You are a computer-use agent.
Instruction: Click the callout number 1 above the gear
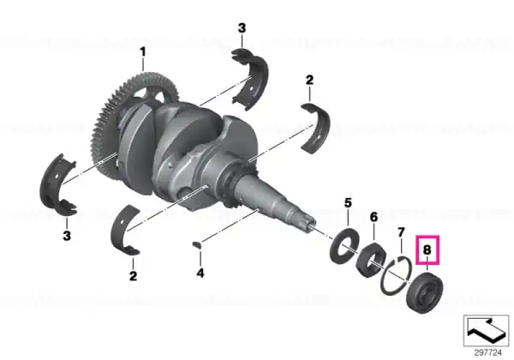coord(142,52)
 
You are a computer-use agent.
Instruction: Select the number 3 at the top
coord(242,28)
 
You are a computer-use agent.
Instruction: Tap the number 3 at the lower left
coord(67,236)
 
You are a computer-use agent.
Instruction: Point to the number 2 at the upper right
coord(309,80)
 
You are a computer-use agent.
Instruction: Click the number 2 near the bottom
coord(133,276)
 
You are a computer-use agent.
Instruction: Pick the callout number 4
coord(200,273)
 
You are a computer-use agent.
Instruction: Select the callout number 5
coord(348,203)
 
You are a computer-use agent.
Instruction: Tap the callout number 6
coord(374,217)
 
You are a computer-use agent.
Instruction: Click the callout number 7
coord(401,233)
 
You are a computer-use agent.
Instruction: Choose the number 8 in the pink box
coord(427,250)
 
